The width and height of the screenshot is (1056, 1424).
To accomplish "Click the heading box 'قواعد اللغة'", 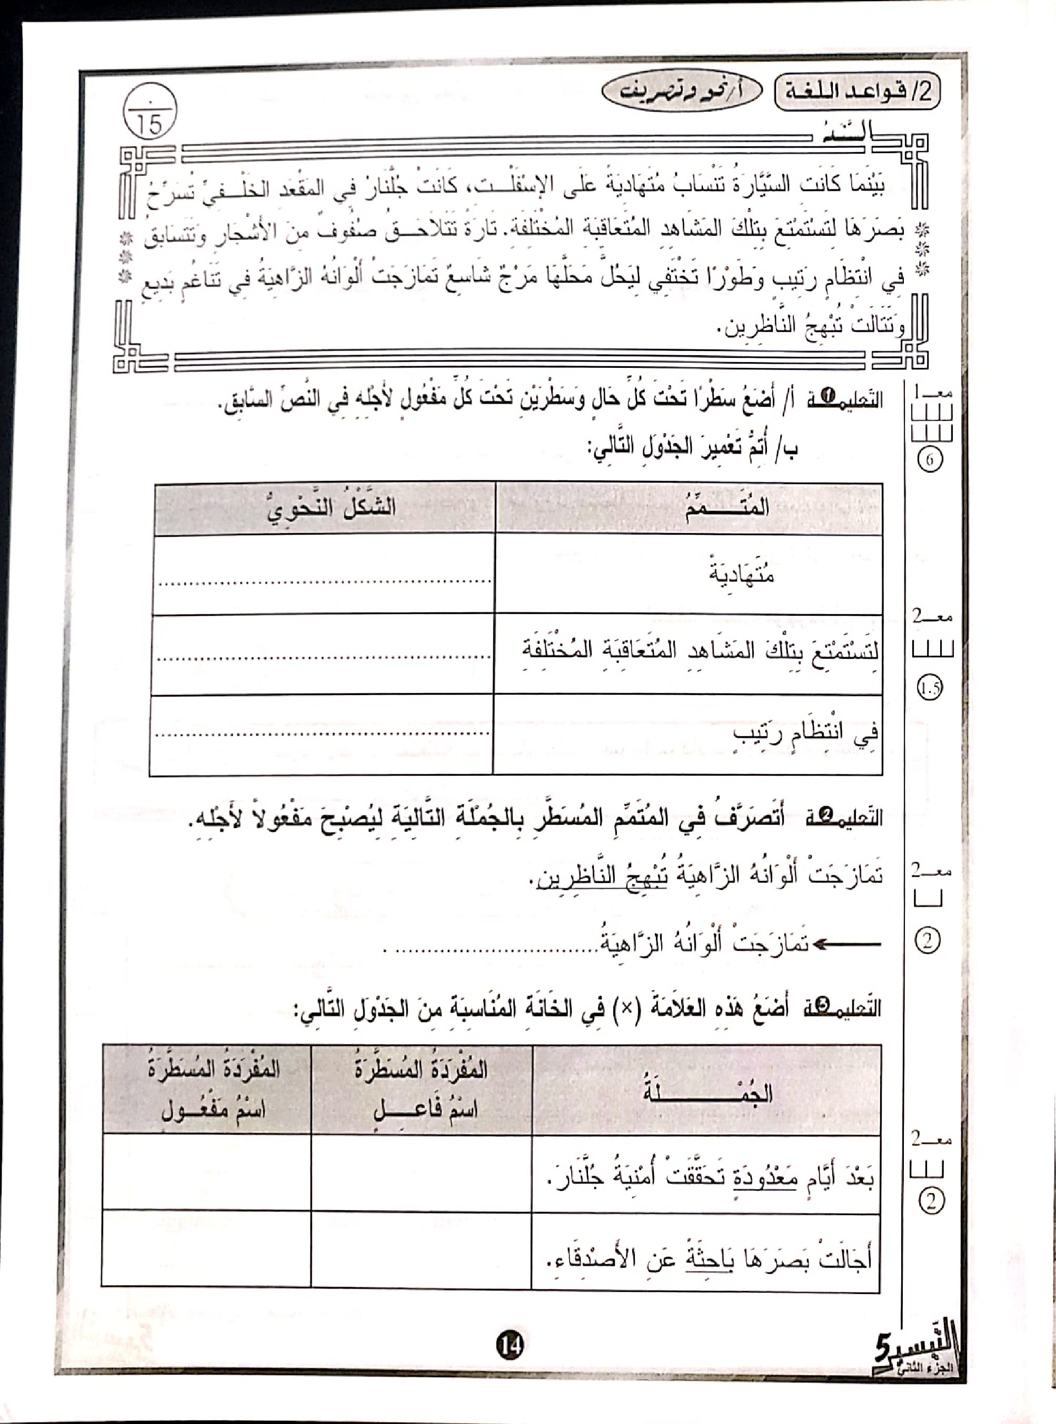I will click(857, 92).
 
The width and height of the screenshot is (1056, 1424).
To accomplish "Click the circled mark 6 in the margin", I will click(930, 459).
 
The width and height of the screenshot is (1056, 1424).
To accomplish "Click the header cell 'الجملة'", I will click(708, 1091).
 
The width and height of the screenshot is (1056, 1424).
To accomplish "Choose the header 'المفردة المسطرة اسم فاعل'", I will click(421, 1091).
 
